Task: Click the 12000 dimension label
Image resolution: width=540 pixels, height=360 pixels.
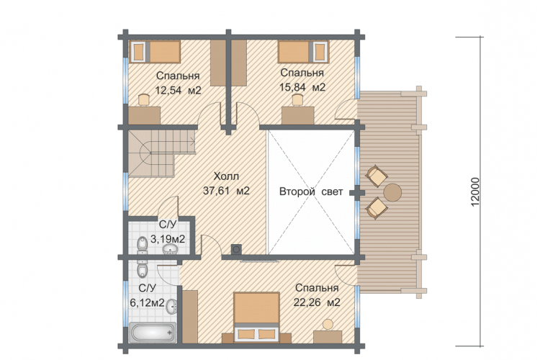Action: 474,192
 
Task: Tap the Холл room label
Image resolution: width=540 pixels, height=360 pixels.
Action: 226,176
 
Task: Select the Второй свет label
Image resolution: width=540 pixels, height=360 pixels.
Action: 311,192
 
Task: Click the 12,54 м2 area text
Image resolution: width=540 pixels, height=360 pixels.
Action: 178,91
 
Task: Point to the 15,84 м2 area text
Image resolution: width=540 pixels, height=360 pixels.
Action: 302,88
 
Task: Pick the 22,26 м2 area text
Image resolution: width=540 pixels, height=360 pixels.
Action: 317,302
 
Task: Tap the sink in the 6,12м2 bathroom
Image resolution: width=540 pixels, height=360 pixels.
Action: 172,306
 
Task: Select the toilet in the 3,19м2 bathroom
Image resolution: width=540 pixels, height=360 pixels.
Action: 142,245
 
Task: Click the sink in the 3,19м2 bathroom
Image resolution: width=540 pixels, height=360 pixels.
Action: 170,249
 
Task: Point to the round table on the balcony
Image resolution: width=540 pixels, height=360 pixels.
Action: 392,192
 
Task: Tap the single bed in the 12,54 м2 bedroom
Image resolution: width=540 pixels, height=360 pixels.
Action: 155,52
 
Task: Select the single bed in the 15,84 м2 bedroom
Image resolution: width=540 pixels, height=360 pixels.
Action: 303,52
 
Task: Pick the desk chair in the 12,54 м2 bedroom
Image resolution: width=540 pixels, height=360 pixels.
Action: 144,99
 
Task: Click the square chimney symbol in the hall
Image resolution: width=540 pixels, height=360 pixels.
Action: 236,248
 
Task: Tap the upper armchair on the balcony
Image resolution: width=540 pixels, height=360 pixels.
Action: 377,176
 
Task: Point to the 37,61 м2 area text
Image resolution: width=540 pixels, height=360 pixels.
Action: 226,191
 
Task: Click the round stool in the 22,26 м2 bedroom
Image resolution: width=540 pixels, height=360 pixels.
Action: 328,324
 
